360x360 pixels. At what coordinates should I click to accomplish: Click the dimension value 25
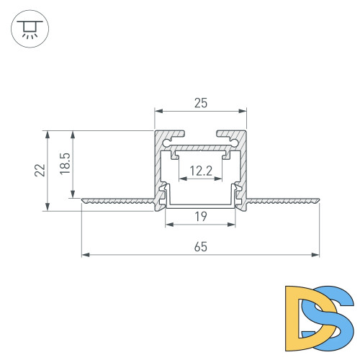[x=201, y=103]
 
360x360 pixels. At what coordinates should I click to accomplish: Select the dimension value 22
[x=40, y=171]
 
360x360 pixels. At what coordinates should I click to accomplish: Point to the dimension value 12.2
[x=201, y=171]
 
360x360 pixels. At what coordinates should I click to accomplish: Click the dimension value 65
[x=201, y=246]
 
